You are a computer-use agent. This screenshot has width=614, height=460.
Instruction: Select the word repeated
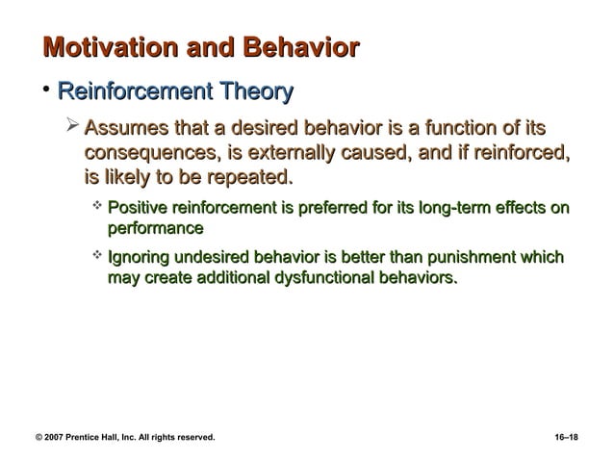(x=248, y=178)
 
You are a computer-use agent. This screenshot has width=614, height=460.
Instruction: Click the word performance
(x=154, y=229)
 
